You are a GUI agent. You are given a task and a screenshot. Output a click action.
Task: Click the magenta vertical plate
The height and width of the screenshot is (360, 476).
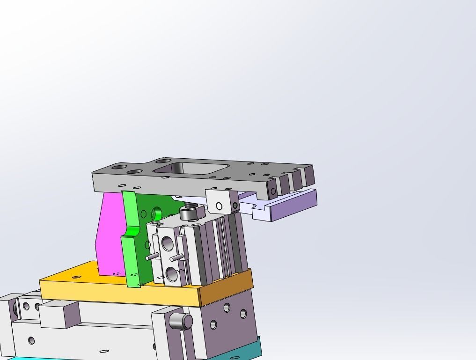click(x=109, y=234)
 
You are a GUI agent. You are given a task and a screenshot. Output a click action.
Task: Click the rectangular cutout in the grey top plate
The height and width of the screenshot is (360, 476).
click(x=192, y=168)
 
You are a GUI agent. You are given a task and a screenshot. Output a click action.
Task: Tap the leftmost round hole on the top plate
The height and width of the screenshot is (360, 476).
click(x=119, y=167)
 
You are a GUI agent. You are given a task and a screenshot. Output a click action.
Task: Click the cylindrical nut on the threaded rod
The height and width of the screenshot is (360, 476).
click(x=188, y=214)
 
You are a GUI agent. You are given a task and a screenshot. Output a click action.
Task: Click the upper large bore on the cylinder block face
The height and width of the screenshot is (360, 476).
click(x=167, y=244)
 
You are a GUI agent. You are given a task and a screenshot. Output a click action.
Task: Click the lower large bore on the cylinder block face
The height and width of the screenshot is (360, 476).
click(x=171, y=274)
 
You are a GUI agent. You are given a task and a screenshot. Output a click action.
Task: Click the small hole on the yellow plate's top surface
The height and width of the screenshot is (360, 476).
click(x=76, y=277)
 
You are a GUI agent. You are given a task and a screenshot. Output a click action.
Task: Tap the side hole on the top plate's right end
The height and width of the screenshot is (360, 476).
click(x=274, y=191)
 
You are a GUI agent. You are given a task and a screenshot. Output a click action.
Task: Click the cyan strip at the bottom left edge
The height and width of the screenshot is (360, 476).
click(x=19, y=358)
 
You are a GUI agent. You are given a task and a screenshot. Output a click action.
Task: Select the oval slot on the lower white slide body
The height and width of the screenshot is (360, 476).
click(x=104, y=351)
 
